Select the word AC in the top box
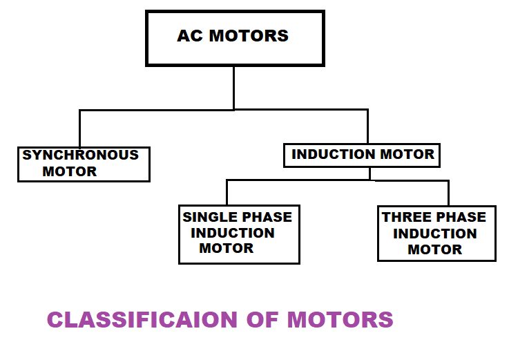pos(189,36)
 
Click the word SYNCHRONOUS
pos(80,155)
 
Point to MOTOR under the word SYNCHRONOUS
pos(70,171)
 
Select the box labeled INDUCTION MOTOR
pos(362,155)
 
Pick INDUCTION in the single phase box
pos(233,233)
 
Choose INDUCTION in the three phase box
pos(435,234)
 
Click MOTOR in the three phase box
pos(435,249)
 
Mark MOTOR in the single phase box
pos(227,248)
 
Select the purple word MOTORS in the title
pos(340,320)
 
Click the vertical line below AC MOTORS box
pos(234,87)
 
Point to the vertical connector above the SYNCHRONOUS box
pos(80,128)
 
